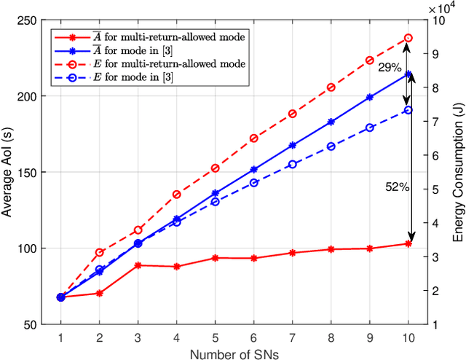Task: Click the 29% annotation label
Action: (x=389, y=67)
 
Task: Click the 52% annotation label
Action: (x=397, y=187)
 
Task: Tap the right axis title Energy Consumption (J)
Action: (x=457, y=172)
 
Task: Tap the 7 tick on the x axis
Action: (x=292, y=337)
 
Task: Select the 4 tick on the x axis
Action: (x=176, y=337)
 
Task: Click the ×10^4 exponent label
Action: (x=441, y=8)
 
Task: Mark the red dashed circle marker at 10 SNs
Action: (x=408, y=38)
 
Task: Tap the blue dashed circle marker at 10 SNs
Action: (x=408, y=110)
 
